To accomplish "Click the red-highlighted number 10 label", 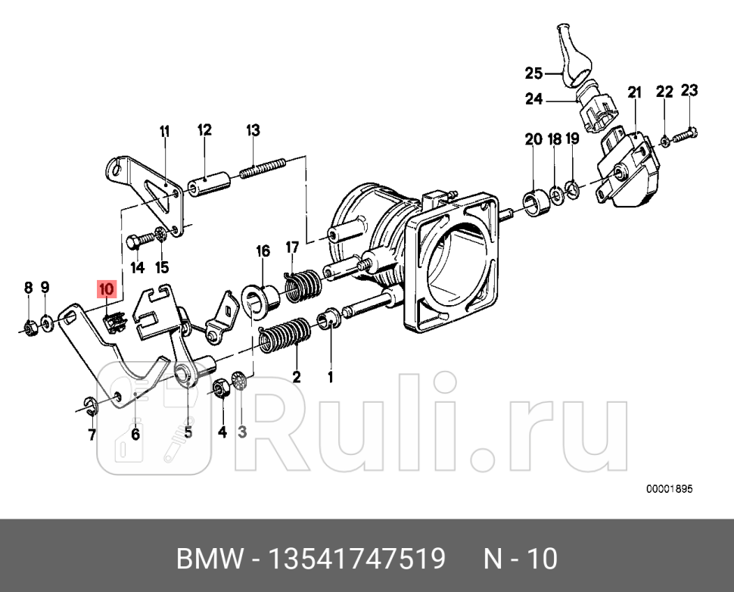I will point(105,288).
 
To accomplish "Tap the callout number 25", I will point(534,73).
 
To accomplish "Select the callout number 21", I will point(634,92).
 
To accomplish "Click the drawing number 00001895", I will point(670,489).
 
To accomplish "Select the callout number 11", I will point(165,131).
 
